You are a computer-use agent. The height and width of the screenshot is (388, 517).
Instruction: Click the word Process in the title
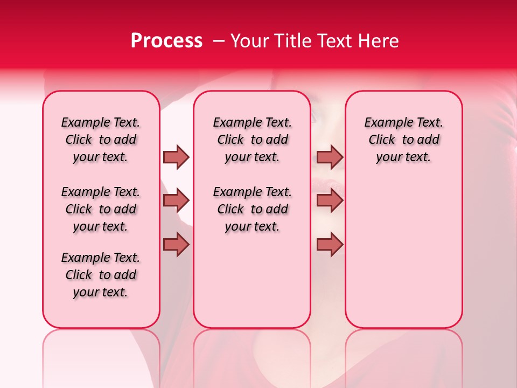pos(166,41)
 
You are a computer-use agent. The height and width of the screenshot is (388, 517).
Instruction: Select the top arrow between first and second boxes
pos(176,157)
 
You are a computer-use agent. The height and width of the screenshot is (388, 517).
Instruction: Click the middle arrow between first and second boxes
pos(176,200)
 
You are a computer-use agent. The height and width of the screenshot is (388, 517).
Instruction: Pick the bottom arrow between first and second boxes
pos(176,244)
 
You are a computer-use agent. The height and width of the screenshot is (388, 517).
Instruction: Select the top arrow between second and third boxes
pos(330,157)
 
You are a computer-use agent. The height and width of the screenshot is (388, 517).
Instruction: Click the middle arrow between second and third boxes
pos(330,200)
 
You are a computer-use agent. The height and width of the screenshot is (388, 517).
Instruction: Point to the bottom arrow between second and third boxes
pos(330,244)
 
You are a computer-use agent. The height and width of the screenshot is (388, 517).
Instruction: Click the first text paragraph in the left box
pos(101,140)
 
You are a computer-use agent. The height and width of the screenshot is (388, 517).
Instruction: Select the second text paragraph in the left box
pos(101,209)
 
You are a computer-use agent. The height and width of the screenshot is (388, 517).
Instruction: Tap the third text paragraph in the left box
pos(101,275)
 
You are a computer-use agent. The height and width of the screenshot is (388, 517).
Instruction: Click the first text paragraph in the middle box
pos(253,140)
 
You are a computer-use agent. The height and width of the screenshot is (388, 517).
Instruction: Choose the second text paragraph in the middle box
pos(253,209)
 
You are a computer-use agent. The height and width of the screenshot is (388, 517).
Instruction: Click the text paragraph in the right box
pos(404,140)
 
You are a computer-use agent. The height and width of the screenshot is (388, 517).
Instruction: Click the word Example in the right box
pos(386,123)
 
